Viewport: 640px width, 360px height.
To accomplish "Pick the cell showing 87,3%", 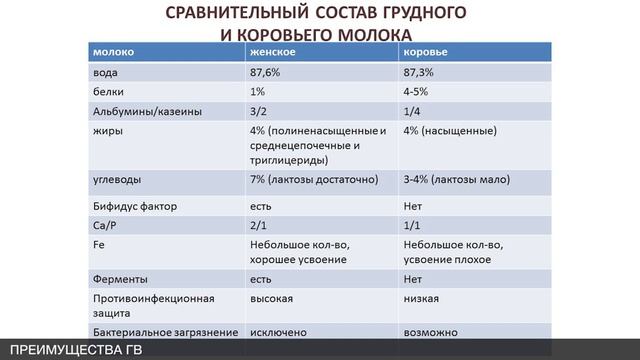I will pyautogui.click(x=420, y=72).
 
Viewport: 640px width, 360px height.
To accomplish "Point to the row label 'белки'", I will pyautogui.click(x=108, y=91).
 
